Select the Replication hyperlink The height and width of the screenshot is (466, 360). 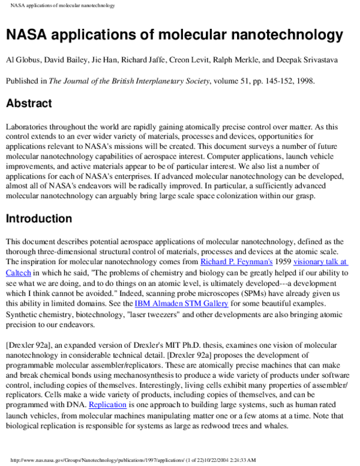[107, 405]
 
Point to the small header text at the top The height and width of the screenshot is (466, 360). [62, 5]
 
